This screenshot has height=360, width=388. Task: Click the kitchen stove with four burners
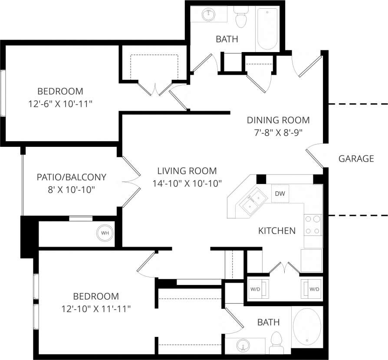313,225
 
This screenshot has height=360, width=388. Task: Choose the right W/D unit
311,289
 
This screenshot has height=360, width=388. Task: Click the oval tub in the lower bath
307,326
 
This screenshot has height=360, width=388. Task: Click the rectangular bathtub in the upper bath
268,29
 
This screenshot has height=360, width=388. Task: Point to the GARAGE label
356,159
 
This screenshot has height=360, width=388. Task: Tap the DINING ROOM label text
278,120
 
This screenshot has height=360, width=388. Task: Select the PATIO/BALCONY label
72,177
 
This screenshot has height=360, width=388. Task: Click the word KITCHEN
277,231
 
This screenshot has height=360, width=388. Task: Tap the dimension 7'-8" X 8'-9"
278,132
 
